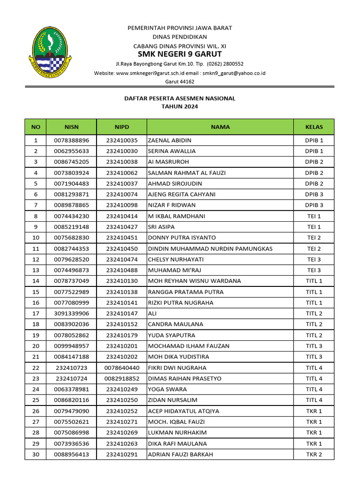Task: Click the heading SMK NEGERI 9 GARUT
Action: coord(180,54)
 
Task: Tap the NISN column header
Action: coord(72,127)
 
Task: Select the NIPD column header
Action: coord(122,127)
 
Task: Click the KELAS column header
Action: coord(314,127)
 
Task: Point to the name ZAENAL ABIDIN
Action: coord(170,140)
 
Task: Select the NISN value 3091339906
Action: coord(72,314)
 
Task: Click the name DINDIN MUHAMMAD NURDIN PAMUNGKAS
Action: coord(210,248)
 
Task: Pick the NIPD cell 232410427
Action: coord(122,227)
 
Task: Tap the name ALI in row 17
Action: coord(152,314)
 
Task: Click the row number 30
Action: coord(36,454)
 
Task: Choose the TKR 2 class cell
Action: coord(314,454)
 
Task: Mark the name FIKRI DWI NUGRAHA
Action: coord(177,368)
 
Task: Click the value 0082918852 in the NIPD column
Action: coord(122,379)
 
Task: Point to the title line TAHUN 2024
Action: coord(180,106)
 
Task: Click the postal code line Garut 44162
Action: coord(180,82)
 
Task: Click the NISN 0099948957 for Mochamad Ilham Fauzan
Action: coord(72,346)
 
